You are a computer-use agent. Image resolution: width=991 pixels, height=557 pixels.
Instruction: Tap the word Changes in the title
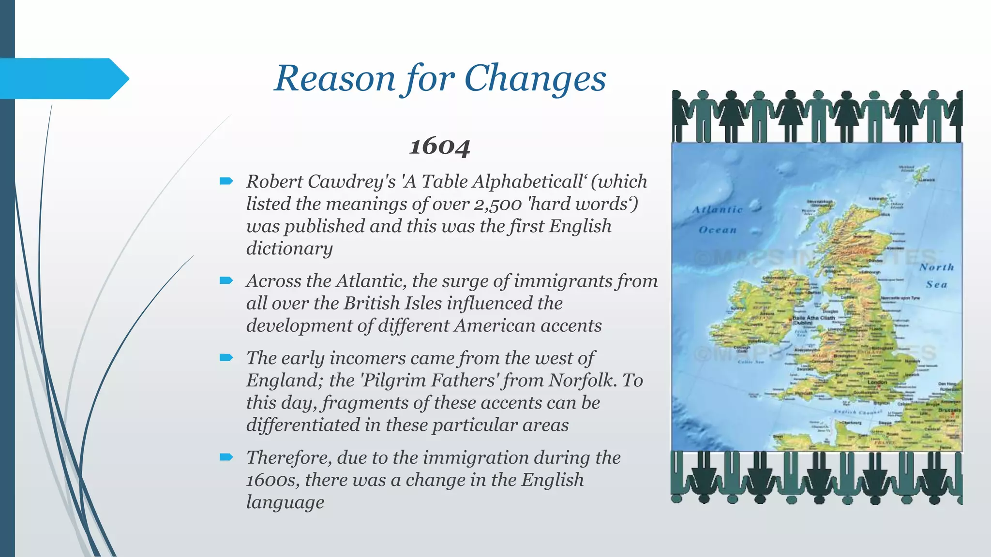535,78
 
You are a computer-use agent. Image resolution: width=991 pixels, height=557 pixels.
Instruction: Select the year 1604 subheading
439,146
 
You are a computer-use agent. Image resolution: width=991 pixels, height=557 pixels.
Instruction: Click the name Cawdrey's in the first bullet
351,182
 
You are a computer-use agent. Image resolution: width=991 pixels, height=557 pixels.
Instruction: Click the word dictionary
289,249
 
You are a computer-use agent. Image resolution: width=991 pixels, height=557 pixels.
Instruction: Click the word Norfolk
583,381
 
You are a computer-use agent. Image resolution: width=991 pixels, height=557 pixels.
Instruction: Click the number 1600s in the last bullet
273,480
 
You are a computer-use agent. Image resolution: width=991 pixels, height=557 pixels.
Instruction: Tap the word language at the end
285,502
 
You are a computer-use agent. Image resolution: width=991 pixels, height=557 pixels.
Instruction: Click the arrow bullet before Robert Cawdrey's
226,181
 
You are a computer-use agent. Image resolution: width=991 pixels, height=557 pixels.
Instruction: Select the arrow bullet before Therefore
226,457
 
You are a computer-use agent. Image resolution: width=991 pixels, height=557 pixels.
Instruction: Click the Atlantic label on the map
717,210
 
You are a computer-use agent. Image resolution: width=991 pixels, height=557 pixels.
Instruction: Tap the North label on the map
937,267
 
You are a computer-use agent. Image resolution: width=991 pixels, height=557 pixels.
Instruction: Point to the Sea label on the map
937,285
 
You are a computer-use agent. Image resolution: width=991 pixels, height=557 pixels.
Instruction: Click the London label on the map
877,382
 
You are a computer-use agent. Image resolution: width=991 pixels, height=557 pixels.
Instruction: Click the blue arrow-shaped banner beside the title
63,79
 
